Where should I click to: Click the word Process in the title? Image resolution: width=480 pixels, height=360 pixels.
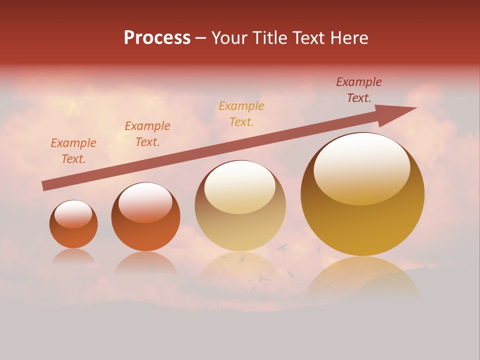pyautogui.click(x=157, y=37)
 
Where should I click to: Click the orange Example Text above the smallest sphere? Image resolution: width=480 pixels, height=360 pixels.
pyautogui.click(x=73, y=151)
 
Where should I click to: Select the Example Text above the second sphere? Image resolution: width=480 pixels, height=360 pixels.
pyautogui.click(x=147, y=134)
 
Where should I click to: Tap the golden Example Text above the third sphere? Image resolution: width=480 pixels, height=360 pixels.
pyautogui.click(x=241, y=113)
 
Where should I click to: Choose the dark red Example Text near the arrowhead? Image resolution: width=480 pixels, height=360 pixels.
pyautogui.click(x=359, y=90)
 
